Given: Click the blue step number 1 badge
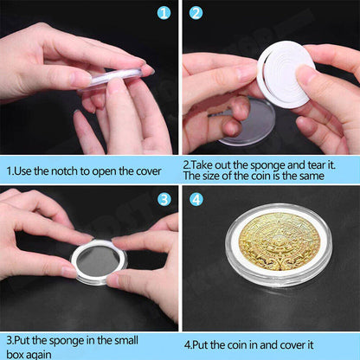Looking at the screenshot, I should tap(164, 12).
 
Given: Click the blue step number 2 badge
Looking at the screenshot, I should tap(196, 12).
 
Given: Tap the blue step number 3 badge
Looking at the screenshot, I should tap(164, 199).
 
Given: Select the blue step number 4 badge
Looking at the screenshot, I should tap(196, 199).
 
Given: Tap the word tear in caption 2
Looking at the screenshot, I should tap(318, 162).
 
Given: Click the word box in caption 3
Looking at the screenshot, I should tap(15, 354).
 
